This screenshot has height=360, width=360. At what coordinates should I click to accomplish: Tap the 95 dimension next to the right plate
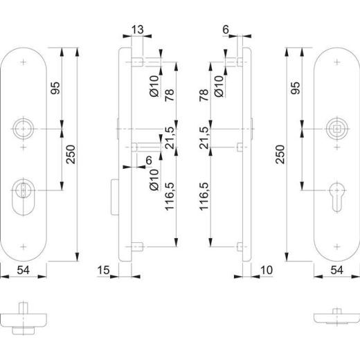pos(296,88)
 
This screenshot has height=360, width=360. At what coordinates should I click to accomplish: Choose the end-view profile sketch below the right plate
pos(334,317)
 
